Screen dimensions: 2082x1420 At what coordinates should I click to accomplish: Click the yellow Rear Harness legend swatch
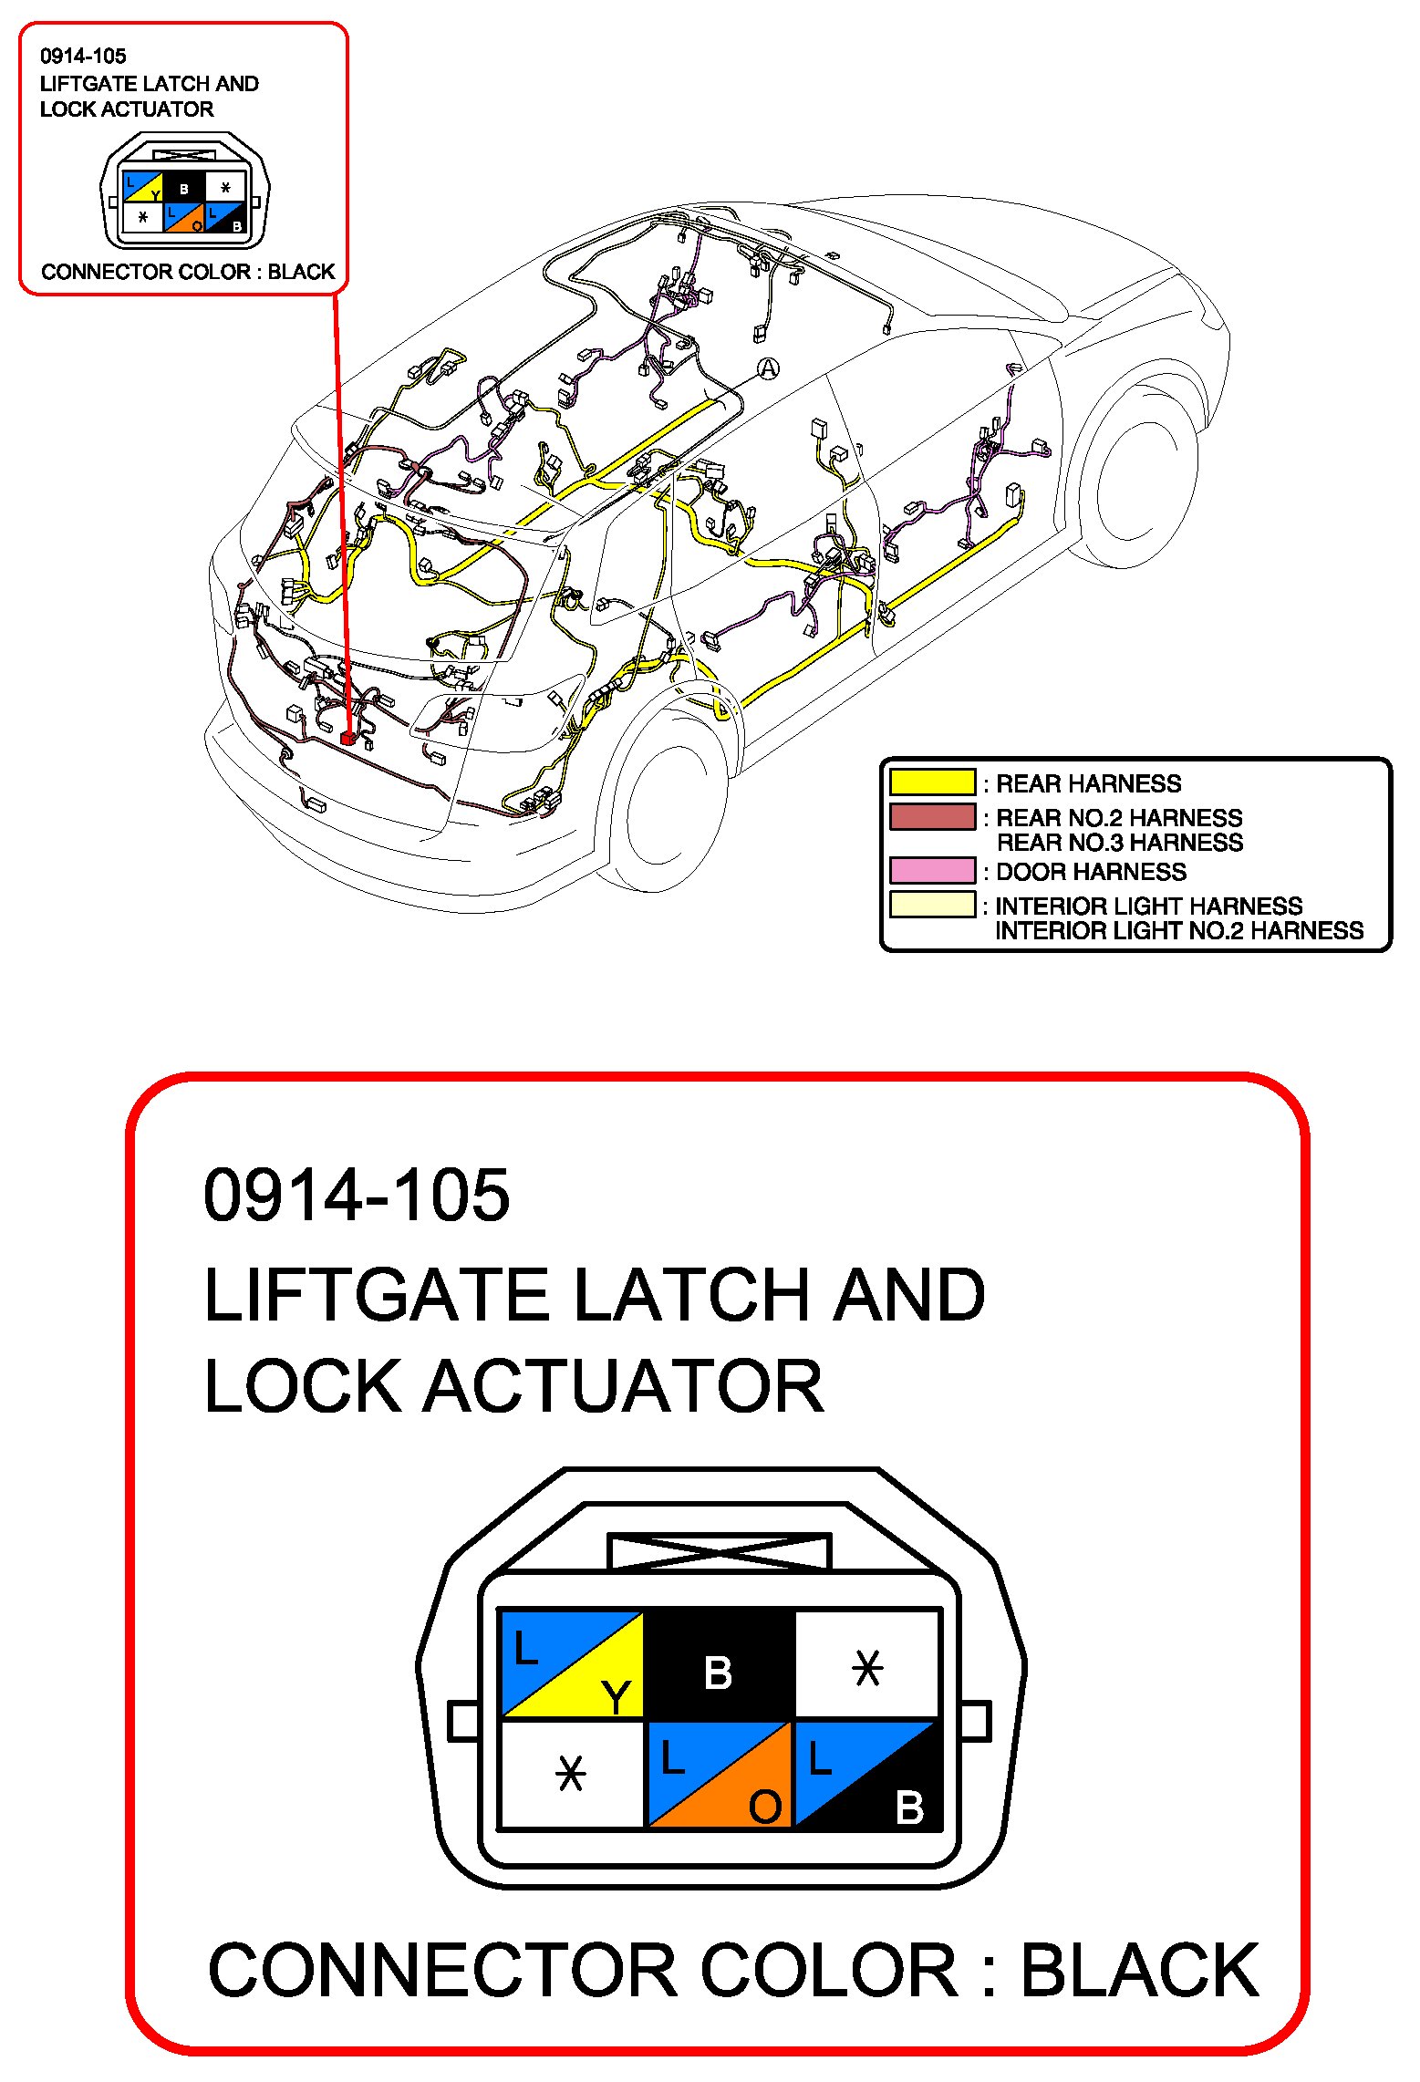pyautogui.click(x=932, y=782)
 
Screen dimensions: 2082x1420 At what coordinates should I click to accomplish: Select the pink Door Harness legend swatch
pyautogui.click(x=932, y=870)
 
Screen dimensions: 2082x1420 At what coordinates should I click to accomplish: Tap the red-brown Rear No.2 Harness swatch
pyautogui.click(x=932, y=816)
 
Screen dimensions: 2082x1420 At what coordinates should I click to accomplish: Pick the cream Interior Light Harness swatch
pyautogui.click(x=932, y=904)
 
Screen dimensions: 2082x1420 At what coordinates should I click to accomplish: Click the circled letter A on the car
pyautogui.click(x=768, y=368)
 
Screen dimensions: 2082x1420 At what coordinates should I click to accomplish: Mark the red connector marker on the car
pyautogui.click(x=347, y=737)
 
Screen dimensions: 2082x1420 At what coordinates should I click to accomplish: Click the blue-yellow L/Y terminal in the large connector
pyautogui.click(x=572, y=1663)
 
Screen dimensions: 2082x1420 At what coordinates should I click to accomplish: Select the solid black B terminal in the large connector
pyautogui.click(x=719, y=1663)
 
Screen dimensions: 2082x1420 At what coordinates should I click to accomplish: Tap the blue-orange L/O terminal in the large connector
pyautogui.click(x=719, y=1775)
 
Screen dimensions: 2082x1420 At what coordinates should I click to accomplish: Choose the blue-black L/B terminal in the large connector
pyautogui.click(x=865, y=1775)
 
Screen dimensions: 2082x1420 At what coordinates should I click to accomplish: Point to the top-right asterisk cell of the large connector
pyautogui.click(x=866, y=1663)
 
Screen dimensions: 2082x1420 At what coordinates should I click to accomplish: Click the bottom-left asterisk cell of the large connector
pyautogui.click(x=572, y=1775)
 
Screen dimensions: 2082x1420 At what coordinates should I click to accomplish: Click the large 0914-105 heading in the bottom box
pyautogui.click(x=357, y=1195)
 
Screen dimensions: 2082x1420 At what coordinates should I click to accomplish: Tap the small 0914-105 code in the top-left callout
pyautogui.click(x=83, y=57)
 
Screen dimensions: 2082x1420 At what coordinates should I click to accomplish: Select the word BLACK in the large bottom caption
pyautogui.click(x=1139, y=1972)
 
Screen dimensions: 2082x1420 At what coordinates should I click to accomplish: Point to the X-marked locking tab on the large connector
pyautogui.click(x=719, y=1551)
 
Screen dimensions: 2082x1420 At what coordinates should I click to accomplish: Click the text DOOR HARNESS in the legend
pyautogui.click(x=1091, y=872)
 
